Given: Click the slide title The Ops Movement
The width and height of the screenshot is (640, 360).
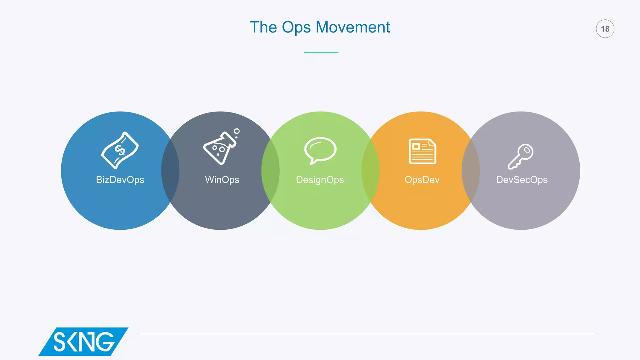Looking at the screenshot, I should [320, 27].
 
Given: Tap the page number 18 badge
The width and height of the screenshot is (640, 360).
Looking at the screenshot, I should [605, 29].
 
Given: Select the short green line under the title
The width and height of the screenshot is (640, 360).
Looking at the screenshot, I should [321, 52].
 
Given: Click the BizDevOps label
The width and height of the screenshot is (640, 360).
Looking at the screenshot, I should [120, 180].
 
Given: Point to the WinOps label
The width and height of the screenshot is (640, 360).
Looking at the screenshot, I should [222, 180].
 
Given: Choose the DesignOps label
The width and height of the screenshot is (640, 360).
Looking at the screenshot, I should [320, 180].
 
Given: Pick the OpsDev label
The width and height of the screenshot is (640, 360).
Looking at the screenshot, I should [422, 180].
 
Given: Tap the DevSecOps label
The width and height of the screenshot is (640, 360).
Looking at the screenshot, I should [522, 180].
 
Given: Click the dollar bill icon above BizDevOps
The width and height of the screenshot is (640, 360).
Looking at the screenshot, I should [120, 150].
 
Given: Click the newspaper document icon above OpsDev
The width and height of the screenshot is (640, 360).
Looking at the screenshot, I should [422, 151].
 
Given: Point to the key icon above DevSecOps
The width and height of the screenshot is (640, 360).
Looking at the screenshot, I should [521, 156].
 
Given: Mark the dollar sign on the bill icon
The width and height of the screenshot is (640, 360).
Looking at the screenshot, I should [120, 150].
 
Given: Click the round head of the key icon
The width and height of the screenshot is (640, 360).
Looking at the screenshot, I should [526, 151].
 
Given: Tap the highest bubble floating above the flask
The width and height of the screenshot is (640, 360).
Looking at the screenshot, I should [237, 131].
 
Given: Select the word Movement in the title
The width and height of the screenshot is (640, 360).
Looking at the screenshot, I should [353, 27].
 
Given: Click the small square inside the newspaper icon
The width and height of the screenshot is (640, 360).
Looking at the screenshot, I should [416, 146].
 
